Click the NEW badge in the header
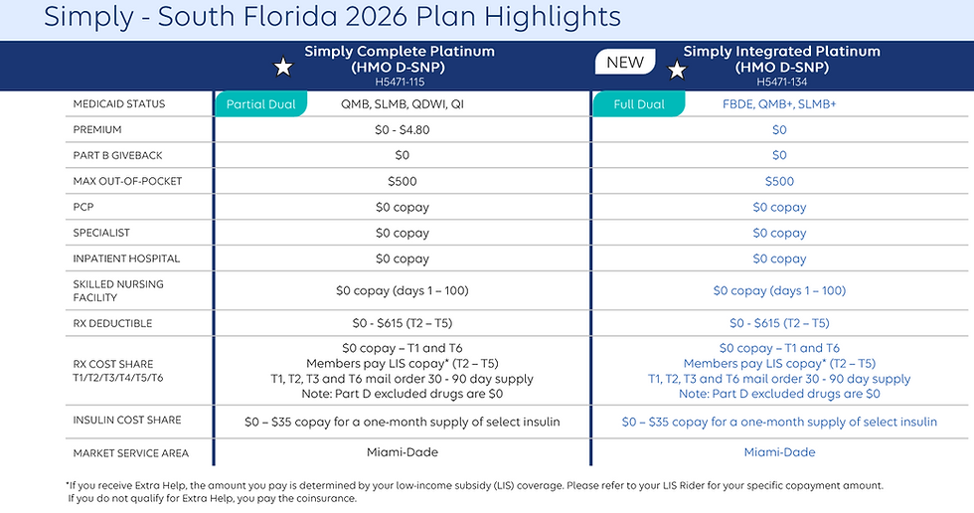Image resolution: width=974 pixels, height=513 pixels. [x=625, y=62]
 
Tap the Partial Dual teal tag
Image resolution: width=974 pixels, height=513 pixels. [x=260, y=104]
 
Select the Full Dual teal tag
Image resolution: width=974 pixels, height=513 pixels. [x=639, y=104]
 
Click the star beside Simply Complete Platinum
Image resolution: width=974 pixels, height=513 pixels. [x=283, y=68]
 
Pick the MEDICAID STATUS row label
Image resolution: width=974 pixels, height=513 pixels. [x=119, y=104]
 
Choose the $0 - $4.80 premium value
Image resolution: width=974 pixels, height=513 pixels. [x=403, y=129]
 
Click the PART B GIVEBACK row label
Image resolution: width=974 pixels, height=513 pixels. [x=117, y=155]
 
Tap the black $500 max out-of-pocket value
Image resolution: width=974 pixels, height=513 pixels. [x=403, y=181]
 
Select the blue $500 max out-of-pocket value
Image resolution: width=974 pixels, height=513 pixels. [x=779, y=181]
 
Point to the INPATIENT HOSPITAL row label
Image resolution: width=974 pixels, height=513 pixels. [x=126, y=258]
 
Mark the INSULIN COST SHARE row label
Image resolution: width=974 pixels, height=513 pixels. [x=127, y=421]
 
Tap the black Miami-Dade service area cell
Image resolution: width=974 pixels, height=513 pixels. [x=403, y=452]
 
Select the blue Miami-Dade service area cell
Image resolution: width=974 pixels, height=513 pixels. [x=779, y=452]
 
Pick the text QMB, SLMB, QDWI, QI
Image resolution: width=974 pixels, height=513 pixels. [x=403, y=104]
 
